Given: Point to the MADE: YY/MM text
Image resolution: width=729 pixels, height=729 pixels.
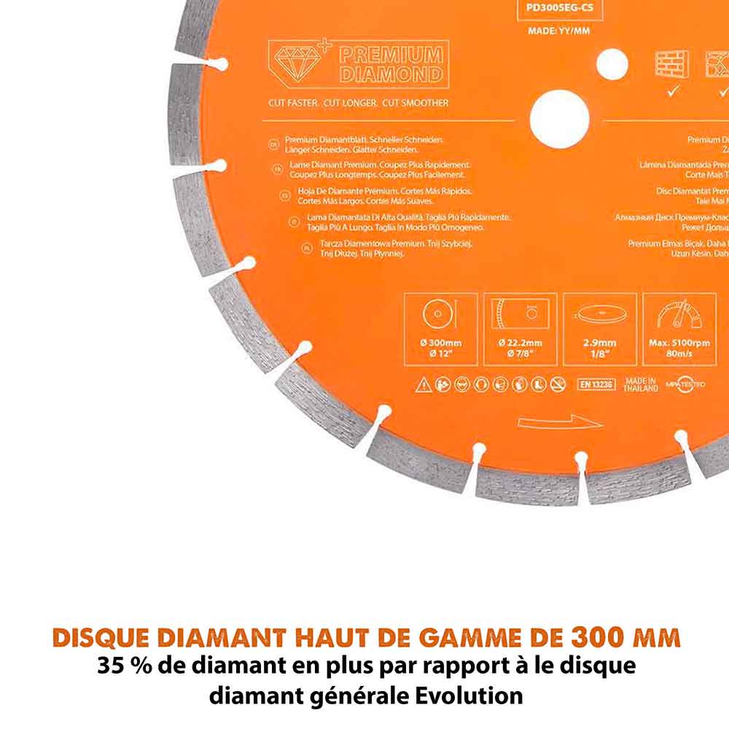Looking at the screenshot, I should pyautogui.click(x=560, y=31).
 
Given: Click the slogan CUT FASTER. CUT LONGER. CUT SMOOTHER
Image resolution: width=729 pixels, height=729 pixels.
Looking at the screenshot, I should pyautogui.click(x=358, y=103).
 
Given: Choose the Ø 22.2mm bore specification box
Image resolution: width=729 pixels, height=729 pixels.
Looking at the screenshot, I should pyautogui.click(x=520, y=329).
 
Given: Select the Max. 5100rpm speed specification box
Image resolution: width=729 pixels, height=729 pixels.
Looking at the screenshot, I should pyautogui.click(x=679, y=329).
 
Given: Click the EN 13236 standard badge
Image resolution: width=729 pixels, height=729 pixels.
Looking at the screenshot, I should pyautogui.click(x=596, y=383).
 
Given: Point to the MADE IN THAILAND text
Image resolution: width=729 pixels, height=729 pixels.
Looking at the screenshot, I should pyautogui.click(x=641, y=384).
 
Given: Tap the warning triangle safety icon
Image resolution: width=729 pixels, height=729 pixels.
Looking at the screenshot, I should pyautogui.click(x=423, y=385).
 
